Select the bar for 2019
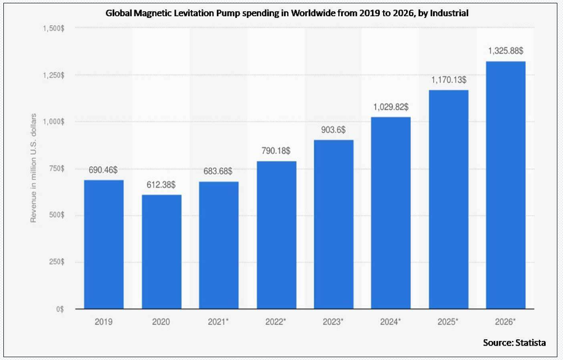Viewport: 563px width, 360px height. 104,244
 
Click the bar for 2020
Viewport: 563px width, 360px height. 161,251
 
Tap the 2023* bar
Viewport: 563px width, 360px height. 333,224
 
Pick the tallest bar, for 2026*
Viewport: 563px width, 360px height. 505,185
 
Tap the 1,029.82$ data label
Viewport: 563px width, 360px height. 391,106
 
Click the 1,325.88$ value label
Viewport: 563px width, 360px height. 505,50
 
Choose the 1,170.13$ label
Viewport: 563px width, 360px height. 448,80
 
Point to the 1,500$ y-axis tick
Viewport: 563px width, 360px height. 53,28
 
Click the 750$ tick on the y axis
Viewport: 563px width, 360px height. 56,169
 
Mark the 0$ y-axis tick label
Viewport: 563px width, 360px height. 60,309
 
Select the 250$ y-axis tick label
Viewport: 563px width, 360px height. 56,262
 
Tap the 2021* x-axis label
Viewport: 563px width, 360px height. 218,322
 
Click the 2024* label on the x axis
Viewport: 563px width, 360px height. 391,322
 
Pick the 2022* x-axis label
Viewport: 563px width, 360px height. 276,322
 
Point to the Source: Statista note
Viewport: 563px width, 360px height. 515,342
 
